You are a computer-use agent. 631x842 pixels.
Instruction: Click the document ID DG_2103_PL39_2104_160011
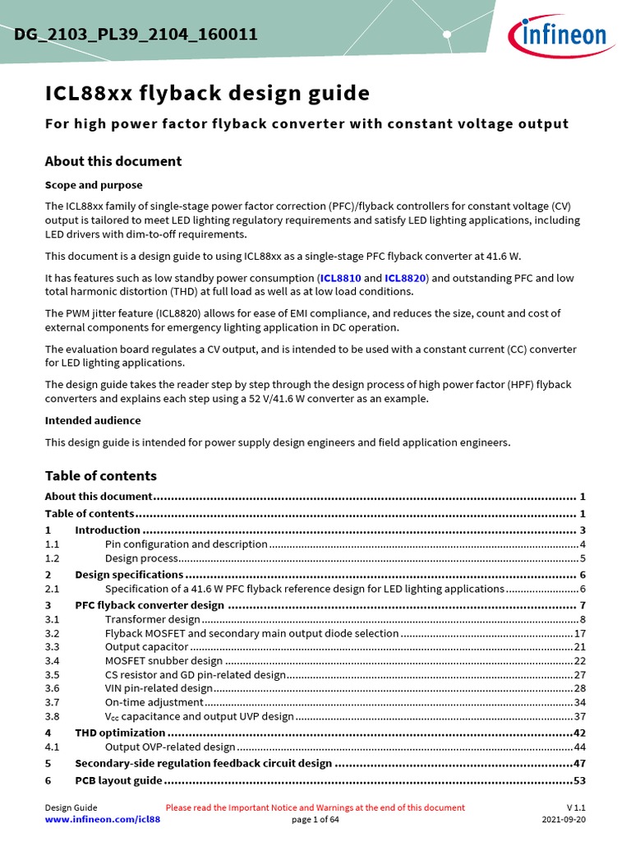136,35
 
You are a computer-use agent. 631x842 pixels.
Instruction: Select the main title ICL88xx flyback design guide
207,94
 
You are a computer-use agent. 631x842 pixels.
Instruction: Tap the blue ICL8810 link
340,279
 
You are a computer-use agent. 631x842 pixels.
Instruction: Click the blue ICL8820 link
405,279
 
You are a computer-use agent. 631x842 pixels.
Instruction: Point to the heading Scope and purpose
93,185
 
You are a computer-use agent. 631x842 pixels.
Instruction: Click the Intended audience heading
94,420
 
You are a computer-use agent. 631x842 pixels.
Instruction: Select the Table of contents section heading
100,476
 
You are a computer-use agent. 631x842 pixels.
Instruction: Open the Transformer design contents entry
152,619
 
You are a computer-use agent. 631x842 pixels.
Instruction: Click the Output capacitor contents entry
146,647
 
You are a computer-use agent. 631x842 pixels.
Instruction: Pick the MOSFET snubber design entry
164,661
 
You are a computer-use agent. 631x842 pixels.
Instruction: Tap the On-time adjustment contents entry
154,702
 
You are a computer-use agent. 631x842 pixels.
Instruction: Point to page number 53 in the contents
578,780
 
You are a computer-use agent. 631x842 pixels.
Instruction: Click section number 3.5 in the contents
53,675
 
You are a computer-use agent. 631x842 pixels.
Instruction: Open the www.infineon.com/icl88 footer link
102,820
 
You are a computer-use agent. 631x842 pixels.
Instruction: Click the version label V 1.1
575,807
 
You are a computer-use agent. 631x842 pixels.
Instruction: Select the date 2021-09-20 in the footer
564,820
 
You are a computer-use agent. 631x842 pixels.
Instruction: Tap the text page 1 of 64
315,820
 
